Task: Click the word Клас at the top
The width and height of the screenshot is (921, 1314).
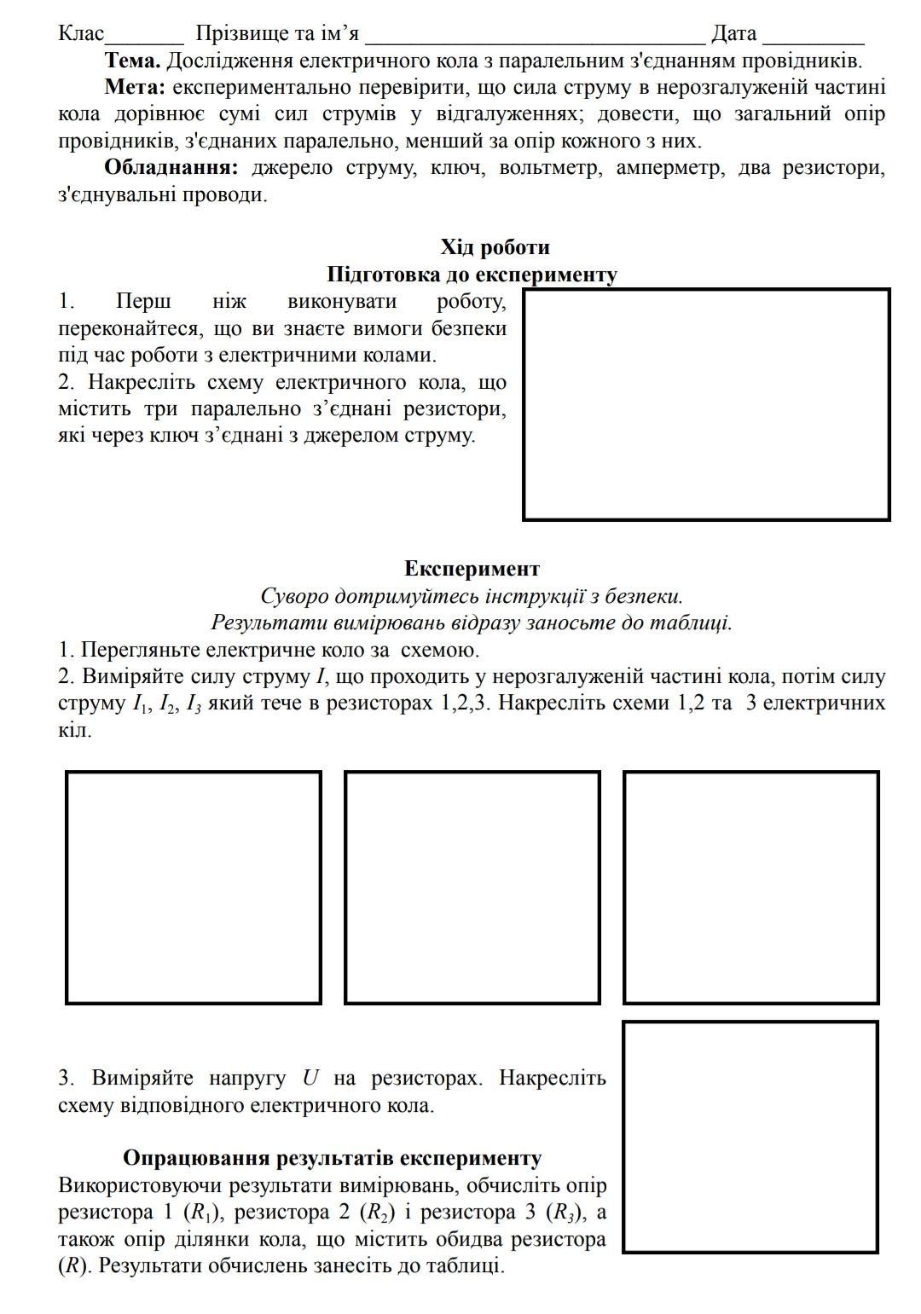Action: pyautogui.click(x=81, y=34)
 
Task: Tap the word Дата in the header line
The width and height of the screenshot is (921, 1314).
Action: pyautogui.click(x=733, y=34)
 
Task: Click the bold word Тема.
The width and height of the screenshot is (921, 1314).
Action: pyautogui.click(x=132, y=61)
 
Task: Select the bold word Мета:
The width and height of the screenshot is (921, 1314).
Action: pyautogui.click(x=135, y=88)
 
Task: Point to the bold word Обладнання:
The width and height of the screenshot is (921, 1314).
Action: pyautogui.click(x=171, y=168)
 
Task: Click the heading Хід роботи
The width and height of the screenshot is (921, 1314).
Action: pyautogui.click(x=495, y=248)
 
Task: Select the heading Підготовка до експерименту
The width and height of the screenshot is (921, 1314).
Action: pyautogui.click(x=472, y=275)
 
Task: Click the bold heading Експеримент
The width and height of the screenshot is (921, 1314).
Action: pyautogui.click(x=472, y=569)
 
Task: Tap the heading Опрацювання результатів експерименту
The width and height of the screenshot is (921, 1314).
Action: pyautogui.click(x=332, y=1158)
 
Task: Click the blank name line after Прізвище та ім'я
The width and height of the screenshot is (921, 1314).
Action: pyautogui.click(x=535, y=38)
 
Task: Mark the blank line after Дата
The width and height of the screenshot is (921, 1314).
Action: pyautogui.click(x=814, y=38)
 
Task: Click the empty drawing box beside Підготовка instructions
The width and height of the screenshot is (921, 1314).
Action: pyautogui.click(x=706, y=404)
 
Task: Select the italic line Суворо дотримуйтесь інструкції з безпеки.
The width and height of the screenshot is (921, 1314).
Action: pyautogui.click(x=472, y=596)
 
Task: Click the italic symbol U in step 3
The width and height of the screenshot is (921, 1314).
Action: pyautogui.click(x=310, y=1079)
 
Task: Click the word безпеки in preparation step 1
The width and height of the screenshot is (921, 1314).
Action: pyautogui.click(x=466, y=328)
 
